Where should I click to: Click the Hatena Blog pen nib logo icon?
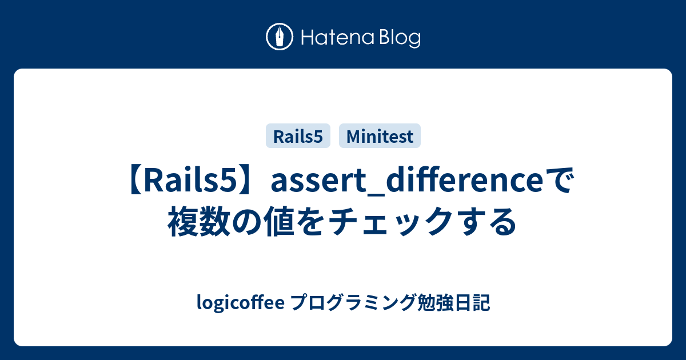(x=280, y=37)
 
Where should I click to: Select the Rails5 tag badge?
(x=298, y=136)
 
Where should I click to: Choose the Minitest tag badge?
(x=380, y=136)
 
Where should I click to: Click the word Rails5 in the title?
(x=190, y=181)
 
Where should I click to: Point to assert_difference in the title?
(x=407, y=181)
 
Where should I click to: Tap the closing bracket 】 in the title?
(x=246, y=181)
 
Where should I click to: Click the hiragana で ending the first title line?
(x=559, y=181)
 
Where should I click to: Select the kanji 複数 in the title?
(x=199, y=221)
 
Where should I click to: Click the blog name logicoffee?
(x=241, y=302)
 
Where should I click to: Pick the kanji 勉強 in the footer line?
(x=435, y=302)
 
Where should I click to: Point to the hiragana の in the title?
(x=247, y=222)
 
